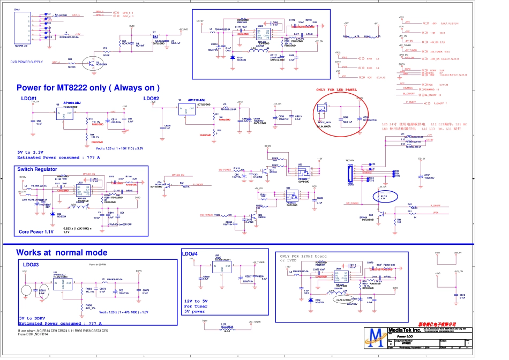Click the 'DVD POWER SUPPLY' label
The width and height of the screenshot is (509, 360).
(27, 62)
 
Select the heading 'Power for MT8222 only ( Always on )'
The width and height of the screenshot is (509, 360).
(88, 87)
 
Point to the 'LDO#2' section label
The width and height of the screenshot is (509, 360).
(151, 99)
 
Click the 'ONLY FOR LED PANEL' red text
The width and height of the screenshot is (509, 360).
(336, 90)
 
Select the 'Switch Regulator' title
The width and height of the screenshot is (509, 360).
(37, 169)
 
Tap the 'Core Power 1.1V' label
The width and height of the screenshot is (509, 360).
(36, 232)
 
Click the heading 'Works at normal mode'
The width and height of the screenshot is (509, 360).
(62, 252)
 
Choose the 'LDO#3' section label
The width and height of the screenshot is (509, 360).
(31, 265)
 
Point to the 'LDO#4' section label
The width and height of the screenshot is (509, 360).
(190, 253)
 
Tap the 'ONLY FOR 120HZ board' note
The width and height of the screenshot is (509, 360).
(303, 256)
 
